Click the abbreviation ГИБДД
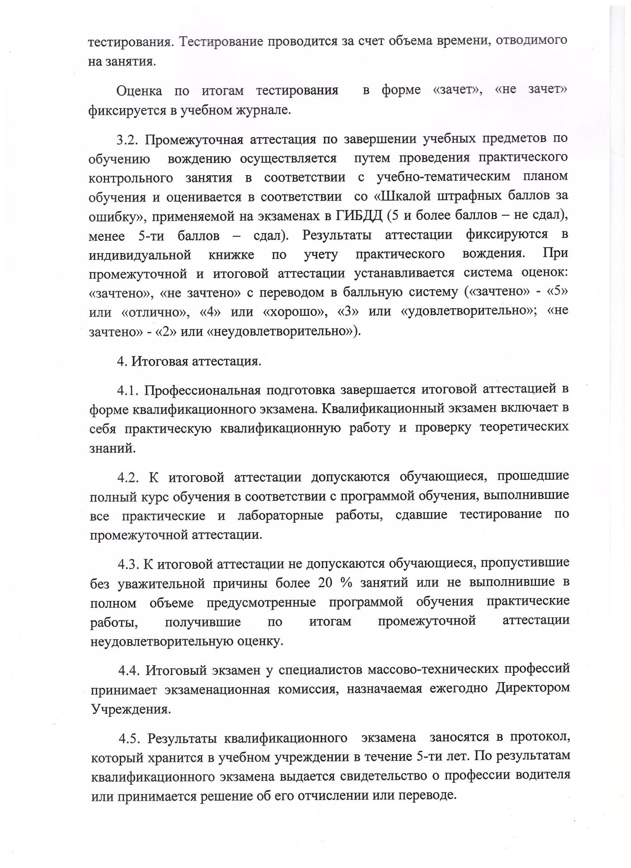coord(360,216)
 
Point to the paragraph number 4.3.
coord(129,564)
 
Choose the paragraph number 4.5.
coord(130,738)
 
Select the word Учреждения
coord(131,708)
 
